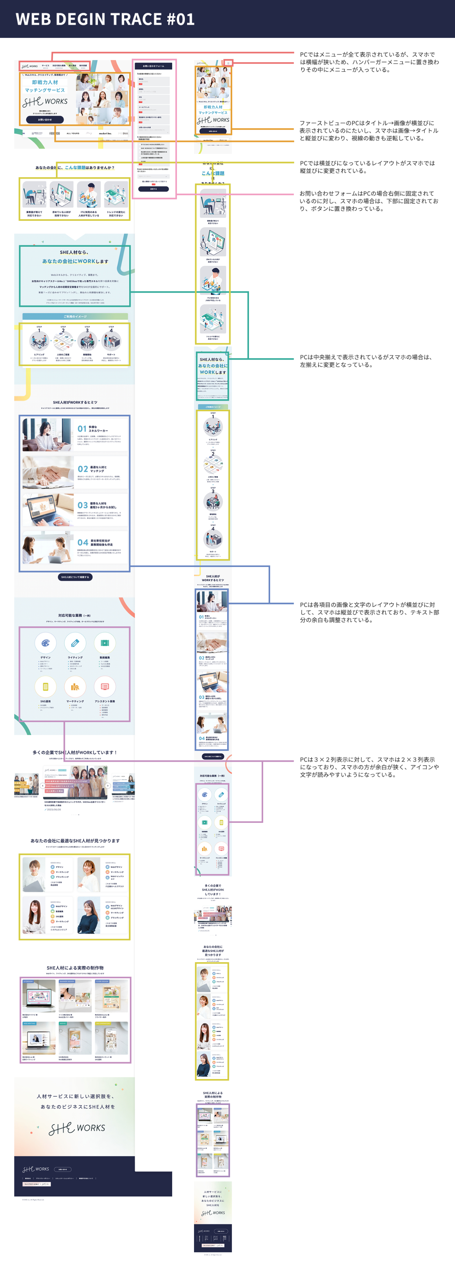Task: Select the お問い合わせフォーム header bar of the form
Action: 154,66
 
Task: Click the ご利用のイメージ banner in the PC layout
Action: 75,316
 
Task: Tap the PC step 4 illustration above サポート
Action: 111,341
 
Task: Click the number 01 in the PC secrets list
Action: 82,428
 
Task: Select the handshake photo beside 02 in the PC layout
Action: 48,472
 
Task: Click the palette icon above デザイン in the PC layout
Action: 45,643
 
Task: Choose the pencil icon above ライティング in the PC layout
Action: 75,643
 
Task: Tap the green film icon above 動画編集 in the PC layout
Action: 105,643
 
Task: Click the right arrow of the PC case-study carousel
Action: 108,785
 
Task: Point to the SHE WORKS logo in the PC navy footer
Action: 36,1169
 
